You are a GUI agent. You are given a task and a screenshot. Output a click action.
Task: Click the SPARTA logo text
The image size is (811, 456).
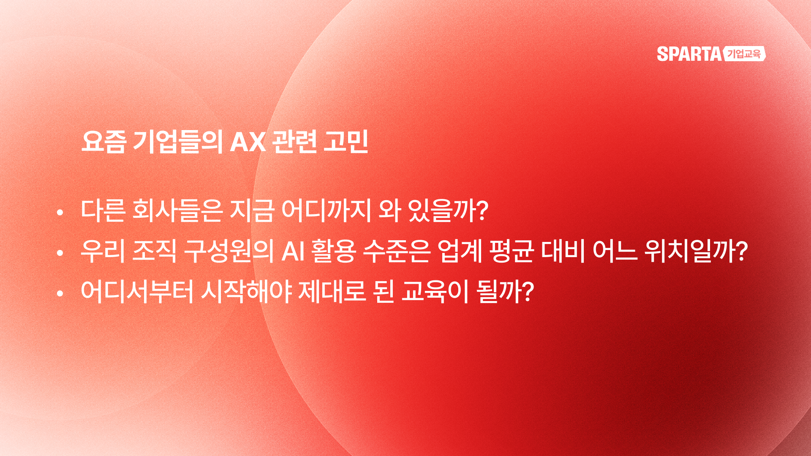click(689, 54)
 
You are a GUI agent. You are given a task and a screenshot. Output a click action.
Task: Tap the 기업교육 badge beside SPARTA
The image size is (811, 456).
click(744, 54)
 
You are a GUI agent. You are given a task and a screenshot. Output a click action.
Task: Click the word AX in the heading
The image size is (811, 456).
click(248, 142)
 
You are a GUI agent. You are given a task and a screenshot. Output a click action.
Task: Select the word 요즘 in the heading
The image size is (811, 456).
click(103, 142)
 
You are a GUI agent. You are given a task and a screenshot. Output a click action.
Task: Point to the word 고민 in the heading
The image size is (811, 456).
click(346, 142)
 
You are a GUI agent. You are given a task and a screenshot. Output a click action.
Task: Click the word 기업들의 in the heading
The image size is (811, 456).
click(178, 142)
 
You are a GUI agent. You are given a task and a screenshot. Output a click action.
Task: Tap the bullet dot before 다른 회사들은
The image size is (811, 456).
click(60, 212)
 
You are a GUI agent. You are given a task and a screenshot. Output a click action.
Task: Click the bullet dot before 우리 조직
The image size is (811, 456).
click(60, 253)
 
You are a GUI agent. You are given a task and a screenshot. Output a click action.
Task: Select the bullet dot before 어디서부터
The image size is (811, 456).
click(60, 293)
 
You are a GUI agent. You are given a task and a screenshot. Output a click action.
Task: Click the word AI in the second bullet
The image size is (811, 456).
click(293, 251)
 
